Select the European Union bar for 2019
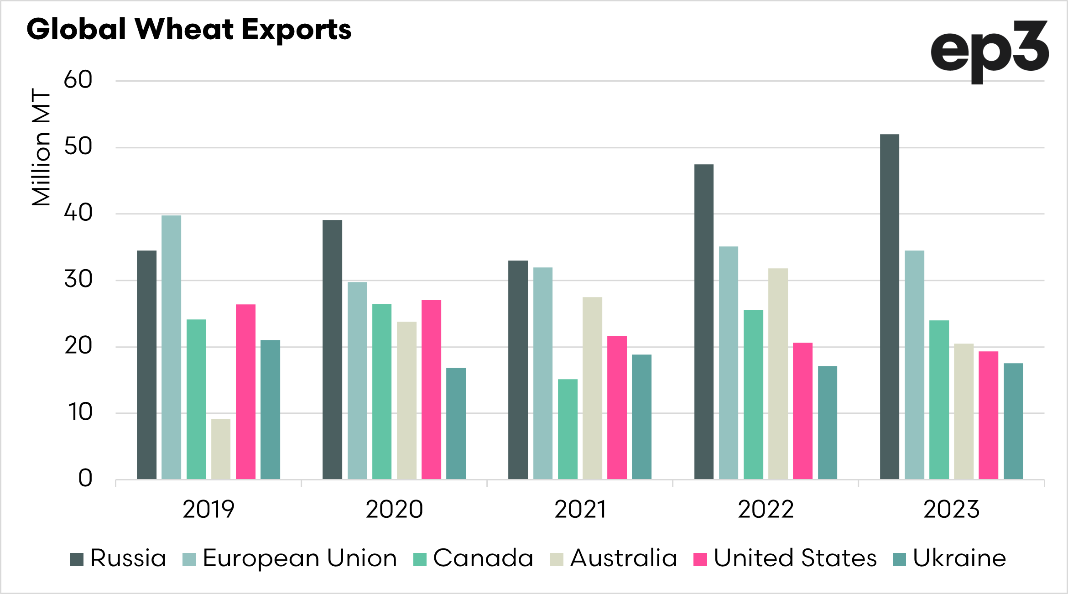click(171, 347)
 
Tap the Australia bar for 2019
click(221, 449)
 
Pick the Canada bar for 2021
click(568, 429)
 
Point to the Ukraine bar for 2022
click(827, 422)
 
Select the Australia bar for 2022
click(778, 374)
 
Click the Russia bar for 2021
click(518, 370)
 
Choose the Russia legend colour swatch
click(77, 559)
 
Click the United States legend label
click(795, 558)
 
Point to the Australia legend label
click(623, 558)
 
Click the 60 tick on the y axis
click(78, 80)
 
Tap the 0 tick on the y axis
click(85, 479)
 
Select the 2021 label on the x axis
click(580, 510)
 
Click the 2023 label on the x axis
click(951, 510)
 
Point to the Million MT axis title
click(41, 147)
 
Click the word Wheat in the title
click(184, 30)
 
